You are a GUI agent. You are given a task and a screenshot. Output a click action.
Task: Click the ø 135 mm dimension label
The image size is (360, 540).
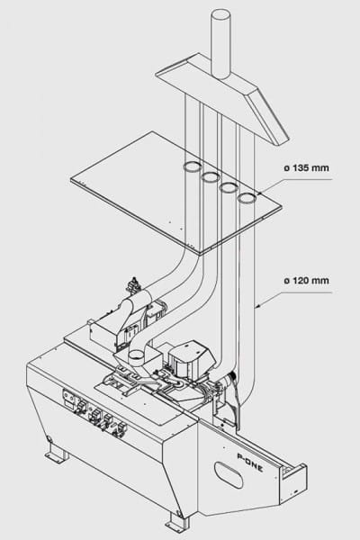click(306, 168)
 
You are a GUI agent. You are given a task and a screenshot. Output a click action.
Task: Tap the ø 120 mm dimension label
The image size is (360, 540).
click(306, 281)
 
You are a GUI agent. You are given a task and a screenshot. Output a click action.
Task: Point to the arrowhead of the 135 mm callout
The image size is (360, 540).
click(258, 194)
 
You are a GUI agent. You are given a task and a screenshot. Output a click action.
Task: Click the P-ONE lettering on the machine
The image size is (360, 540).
click(250, 462)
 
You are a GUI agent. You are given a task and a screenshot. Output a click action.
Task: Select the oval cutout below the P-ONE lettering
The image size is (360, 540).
click(229, 474)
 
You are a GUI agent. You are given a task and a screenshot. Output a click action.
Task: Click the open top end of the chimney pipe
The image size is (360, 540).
click(220, 15)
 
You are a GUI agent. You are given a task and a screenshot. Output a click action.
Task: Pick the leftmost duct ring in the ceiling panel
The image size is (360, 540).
click(192, 166)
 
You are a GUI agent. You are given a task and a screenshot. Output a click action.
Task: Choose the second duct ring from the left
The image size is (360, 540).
click(211, 177)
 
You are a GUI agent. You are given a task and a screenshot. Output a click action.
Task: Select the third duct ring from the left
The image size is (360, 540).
click(229, 188)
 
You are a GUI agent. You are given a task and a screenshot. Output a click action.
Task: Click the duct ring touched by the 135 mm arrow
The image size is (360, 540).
click(247, 198)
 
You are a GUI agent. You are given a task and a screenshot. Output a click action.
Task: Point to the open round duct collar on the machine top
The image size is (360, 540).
click(137, 355)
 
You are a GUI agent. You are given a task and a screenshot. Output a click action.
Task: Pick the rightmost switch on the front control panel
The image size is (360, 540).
click(121, 428)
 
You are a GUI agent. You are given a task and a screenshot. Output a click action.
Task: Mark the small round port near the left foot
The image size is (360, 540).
click(49, 439)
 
